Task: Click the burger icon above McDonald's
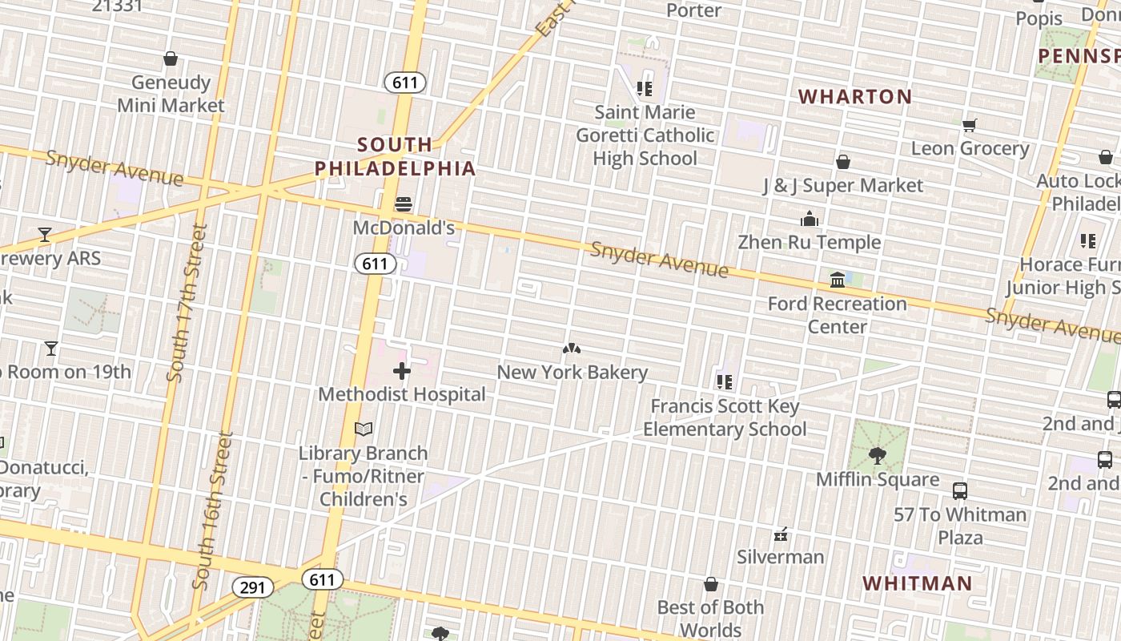coord(404,204)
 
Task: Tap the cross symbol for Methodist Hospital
coord(402,371)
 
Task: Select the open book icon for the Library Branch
coord(364,429)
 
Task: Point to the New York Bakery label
coord(572,373)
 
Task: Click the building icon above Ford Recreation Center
coord(838,280)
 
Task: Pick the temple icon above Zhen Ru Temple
coord(810,219)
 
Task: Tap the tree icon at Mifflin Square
coord(878,456)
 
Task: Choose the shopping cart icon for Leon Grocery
coord(970,125)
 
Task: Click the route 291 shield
coord(252,587)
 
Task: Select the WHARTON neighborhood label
coord(855,97)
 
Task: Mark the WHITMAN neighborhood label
coord(917,583)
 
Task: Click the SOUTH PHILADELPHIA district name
coord(396,156)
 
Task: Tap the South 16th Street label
coord(213,511)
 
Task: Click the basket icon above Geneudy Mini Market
coord(171,58)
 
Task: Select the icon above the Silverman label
coord(781,534)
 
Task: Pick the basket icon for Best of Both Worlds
coord(710,584)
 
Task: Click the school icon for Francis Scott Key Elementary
coord(725,382)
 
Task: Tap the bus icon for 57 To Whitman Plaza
coord(959,491)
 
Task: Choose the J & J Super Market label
coord(842,186)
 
